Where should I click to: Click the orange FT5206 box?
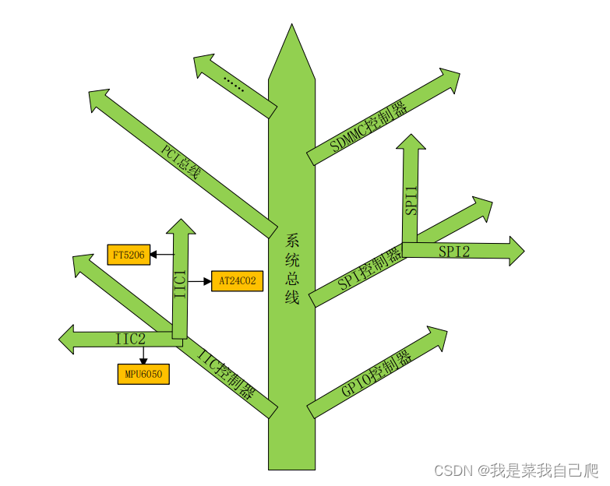[x=129, y=255]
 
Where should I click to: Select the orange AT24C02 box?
[x=237, y=280]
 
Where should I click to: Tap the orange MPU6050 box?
[x=143, y=375]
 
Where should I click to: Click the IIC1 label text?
[x=180, y=283]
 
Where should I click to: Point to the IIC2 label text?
[x=130, y=339]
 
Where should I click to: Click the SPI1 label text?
[x=411, y=200]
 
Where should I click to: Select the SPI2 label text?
[x=453, y=251]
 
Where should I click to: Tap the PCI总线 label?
[x=181, y=160]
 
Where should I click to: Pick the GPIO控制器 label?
[x=376, y=375]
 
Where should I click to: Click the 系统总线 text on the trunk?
[x=292, y=269]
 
